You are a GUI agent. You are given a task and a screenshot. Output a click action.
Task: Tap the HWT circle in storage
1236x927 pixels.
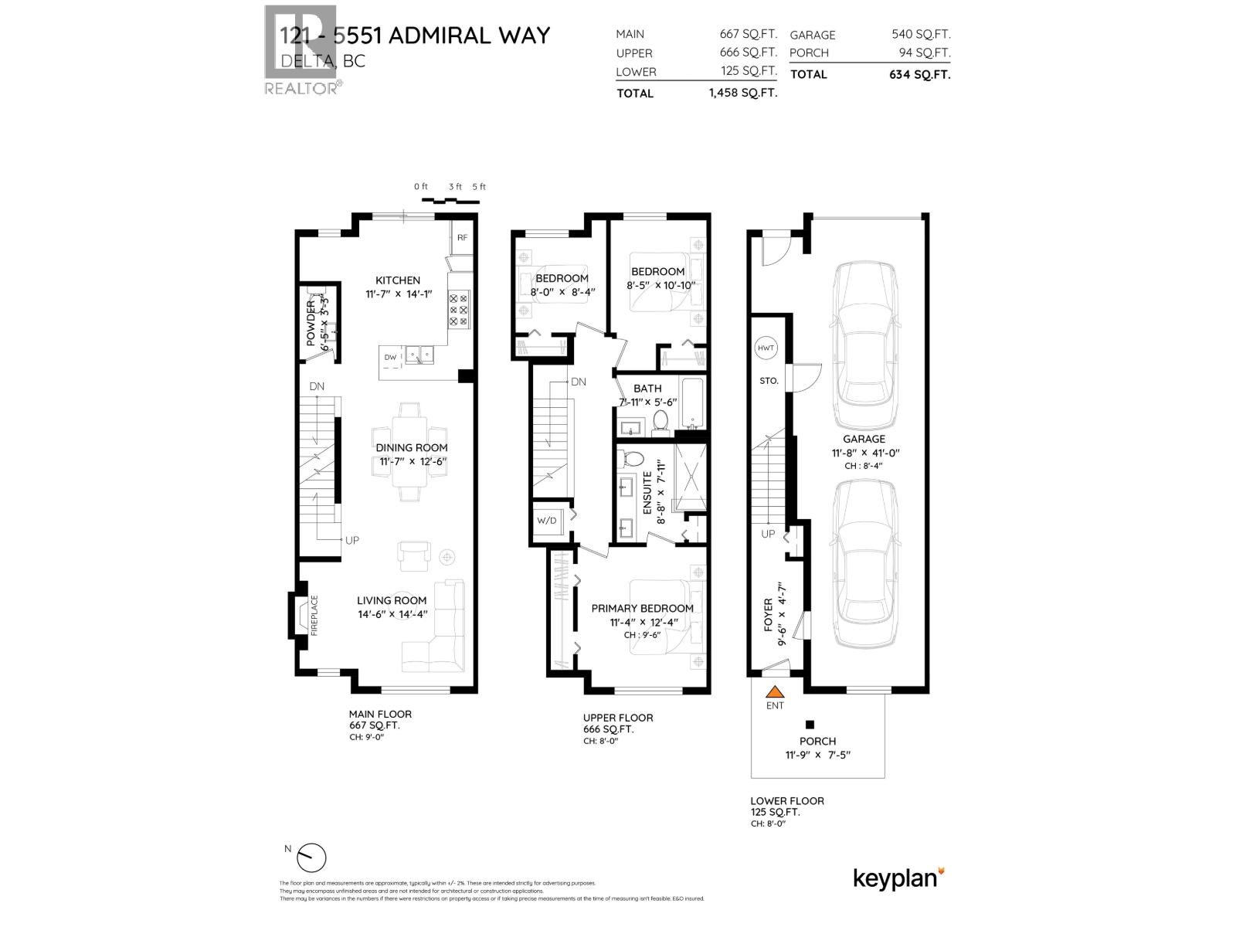click(766, 348)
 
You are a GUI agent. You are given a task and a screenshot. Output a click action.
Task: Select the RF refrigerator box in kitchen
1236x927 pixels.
click(462, 238)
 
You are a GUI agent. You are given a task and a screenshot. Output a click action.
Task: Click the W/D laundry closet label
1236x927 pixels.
click(547, 521)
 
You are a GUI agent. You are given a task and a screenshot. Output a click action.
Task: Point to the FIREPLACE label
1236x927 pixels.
click(314, 615)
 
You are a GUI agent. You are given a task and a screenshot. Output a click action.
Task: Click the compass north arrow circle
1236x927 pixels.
click(312, 858)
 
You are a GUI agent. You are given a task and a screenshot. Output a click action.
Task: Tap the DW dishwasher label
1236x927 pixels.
click(390, 357)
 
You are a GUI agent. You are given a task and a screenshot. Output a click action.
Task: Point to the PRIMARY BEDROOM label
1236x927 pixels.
click(642, 608)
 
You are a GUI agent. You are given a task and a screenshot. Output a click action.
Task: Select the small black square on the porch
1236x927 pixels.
click(810, 725)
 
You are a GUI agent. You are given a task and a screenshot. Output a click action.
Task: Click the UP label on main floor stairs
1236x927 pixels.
click(352, 540)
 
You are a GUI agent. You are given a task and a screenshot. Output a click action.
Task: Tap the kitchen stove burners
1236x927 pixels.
click(459, 308)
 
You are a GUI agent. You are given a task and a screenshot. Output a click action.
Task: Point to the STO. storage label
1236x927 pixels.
click(769, 381)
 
